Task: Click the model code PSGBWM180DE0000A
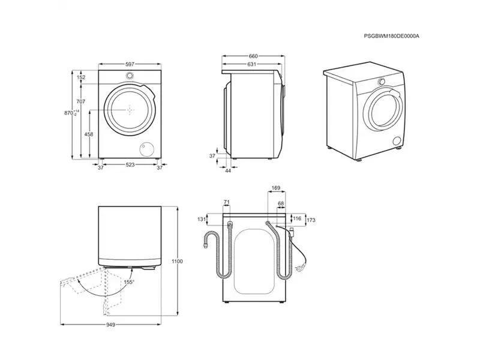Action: click(x=392, y=36)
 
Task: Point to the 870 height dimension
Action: click(x=70, y=113)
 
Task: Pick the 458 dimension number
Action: click(x=89, y=135)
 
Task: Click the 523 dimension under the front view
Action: click(x=130, y=164)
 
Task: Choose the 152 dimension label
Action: click(x=81, y=77)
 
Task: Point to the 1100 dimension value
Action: click(x=176, y=261)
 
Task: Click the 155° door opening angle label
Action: click(x=128, y=281)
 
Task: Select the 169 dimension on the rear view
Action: click(x=275, y=188)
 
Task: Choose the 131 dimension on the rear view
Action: click(x=200, y=220)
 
